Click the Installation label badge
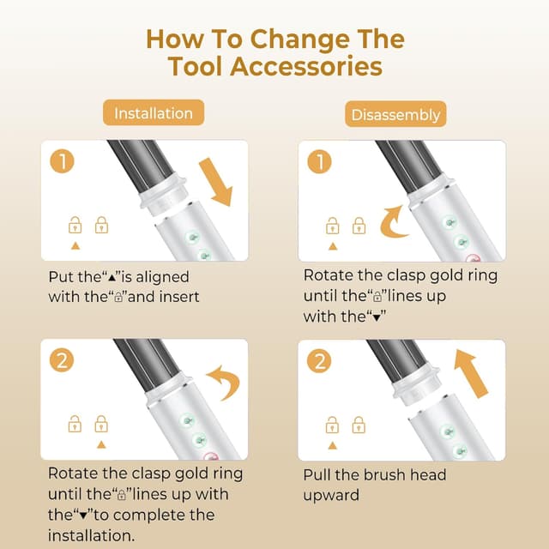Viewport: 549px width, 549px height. (x=154, y=112)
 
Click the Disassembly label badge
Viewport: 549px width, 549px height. (x=395, y=114)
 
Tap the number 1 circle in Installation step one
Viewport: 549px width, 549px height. (x=63, y=161)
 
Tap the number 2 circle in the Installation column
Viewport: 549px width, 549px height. (x=62, y=360)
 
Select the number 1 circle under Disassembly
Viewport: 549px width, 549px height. (x=319, y=161)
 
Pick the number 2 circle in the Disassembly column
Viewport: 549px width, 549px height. (x=319, y=360)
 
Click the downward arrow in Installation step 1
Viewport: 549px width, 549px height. (x=216, y=182)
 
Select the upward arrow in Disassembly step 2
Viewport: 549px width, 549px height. (x=471, y=373)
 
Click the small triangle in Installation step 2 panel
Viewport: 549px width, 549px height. (x=101, y=444)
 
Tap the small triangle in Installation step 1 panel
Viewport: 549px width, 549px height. (x=75, y=246)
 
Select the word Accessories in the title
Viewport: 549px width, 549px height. (x=306, y=66)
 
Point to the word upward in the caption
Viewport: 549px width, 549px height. (x=331, y=495)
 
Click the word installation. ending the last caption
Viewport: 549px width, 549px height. (x=92, y=535)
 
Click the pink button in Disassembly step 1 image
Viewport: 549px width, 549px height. (x=473, y=258)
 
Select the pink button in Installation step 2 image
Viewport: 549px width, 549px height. (x=211, y=455)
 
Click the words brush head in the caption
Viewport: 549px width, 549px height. (x=405, y=474)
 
